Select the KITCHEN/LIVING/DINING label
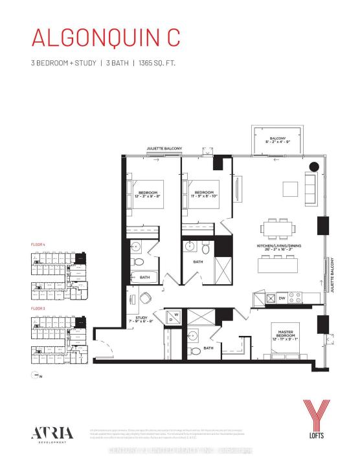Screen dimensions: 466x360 coord(277,247)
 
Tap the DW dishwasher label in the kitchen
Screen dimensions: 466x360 coord(281,298)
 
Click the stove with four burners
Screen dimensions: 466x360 coord(295,298)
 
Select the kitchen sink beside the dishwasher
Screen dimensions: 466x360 coord(267,298)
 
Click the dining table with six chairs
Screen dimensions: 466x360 coord(277,228)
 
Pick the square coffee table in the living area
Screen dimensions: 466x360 coord(290,188)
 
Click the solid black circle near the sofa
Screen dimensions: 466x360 coord(313,166)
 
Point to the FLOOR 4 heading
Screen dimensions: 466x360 coord(38,245)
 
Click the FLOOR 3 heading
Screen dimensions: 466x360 coord(38,309)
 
